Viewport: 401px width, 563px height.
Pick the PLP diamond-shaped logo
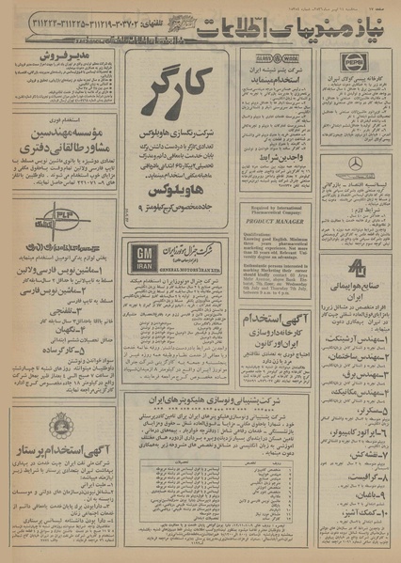coord(29,213)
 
